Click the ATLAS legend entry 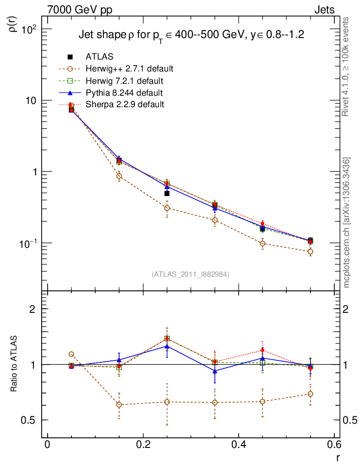click(x=99, y=57)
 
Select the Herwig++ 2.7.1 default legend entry click(x=129, y=69)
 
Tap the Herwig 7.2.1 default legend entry click(x=124, y=81)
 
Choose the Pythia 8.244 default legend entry click(x=124, y=93)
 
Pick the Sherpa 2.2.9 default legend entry click(x=125, y=104)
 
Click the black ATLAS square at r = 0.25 click(x=167, y=194)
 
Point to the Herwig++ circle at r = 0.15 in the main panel click(x=119, y=176)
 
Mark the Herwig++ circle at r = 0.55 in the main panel click(x=311, y=251)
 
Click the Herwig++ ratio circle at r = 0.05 click(x=71, y=354)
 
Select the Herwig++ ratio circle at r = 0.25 click(x=167, y=402)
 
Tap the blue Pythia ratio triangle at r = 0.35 click(x=215, y=371)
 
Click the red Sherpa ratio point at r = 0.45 click(x=262, y=351)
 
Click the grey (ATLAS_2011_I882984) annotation click(x=191, y=274)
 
